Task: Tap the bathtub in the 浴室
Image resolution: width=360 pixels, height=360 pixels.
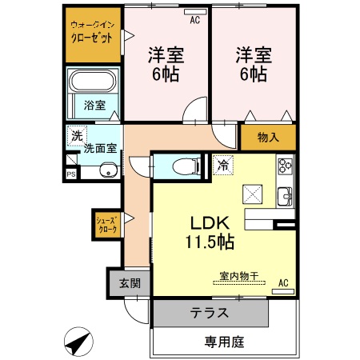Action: [x=93, y=82]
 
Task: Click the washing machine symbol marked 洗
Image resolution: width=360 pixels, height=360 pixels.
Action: [x=76, y=136]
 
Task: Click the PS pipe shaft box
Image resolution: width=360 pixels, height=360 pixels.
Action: [x=71, y=174]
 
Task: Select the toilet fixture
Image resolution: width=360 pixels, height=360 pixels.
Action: [x=185, y=166]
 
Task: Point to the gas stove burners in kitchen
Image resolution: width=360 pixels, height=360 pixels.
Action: [x=285, y=166]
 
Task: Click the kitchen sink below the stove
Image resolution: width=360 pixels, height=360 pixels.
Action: [x=285, y=195]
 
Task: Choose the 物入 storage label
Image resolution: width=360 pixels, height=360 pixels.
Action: [x=268, y=138]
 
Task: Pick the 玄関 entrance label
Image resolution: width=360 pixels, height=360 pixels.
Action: [x=130, y=283]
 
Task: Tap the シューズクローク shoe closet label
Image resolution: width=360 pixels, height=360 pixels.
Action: [x=106, y=225]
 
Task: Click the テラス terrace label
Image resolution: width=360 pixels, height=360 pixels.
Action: [x=210, y=313]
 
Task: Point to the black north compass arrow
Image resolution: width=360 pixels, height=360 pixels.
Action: [x=76, y=343]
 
